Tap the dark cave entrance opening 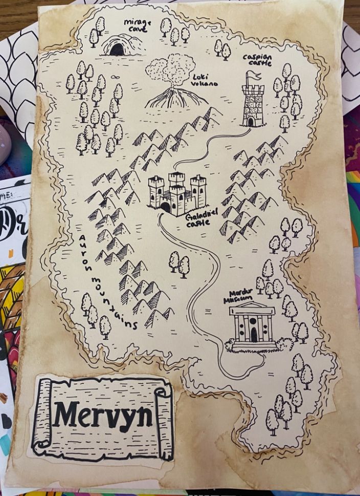point(117,50)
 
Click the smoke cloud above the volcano point(170,69)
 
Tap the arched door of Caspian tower point(251,122)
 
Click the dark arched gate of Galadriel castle point(166,207)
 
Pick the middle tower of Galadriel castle point(176,187)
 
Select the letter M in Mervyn point(66,413)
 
